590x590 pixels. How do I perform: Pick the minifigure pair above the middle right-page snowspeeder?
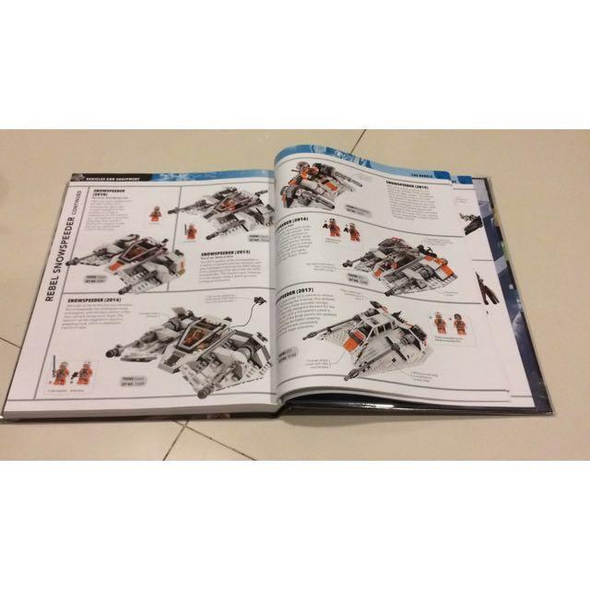(344, 228)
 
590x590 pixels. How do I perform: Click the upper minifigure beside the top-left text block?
(153, 214)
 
